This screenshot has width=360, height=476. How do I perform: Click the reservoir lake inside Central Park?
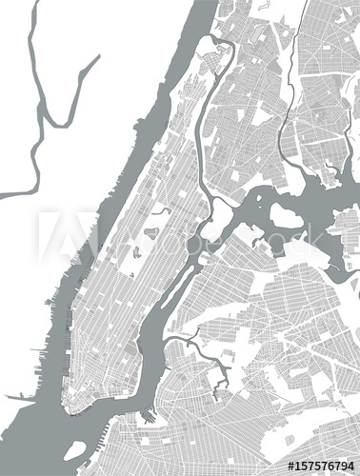(150, 231)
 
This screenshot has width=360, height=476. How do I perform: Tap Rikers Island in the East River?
(286, 215)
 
